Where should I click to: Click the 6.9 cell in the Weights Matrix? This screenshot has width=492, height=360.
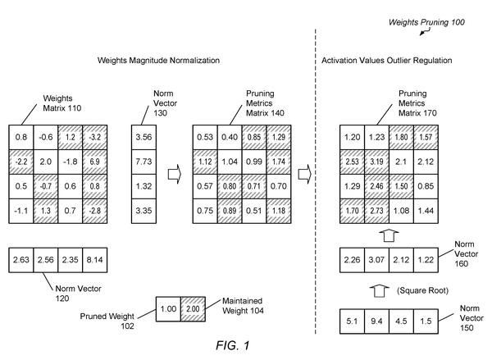pyautogui.click(x=95, y=162)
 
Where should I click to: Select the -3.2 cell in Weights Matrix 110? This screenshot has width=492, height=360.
pyautogui.click(x=95, y=137)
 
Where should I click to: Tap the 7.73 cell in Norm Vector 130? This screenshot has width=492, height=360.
pyautogui.click(x=143, y=162)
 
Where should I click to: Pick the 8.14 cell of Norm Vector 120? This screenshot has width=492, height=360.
pyautogui.click(x=95, y=260)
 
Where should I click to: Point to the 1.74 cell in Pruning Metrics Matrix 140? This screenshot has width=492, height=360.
pyautogui.click(x=279, y=162)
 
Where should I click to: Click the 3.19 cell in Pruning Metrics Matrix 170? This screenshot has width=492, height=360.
pyautogui.click(x=377, y=162)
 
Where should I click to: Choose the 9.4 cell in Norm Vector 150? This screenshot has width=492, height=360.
pyautogui.click(x=377, y=321)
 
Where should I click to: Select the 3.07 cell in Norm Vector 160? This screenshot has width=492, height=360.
pyautogui.click(x=377, y=260)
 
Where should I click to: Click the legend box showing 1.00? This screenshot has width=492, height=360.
pyautogui.click(x=168, y=309)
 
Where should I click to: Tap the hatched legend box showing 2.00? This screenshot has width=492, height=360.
pyautogui.click(x=193, y=309)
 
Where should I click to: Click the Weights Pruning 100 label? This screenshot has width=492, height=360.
pyautogui.click(x=426, y=22)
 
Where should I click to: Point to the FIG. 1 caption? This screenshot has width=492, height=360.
pyautogui.click(x=233, y=345)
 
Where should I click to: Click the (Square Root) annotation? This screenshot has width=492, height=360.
pyautogui.click(x=422, y=290)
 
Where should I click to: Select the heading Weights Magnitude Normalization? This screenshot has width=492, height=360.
pyautogui.click(x=158, y=60)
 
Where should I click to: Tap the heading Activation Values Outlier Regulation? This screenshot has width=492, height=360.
pyautogui.click(x=386, y=60)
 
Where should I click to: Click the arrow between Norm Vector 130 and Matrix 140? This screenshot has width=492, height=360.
pyautogui.click(x=175, y=174)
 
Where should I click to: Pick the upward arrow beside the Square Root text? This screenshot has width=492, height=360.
pyautogui.click(x=380, y=290)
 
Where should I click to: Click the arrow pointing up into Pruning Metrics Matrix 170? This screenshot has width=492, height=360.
pyautogui.click(x=389, y=235)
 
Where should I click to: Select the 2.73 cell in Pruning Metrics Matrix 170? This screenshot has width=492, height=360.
pyautogui.click(x=377, y=211)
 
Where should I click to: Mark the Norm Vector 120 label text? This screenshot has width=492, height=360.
pyautogui.click(x=78, y=294)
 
